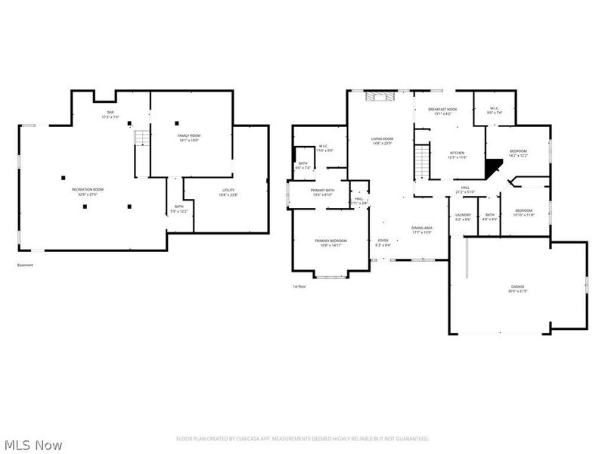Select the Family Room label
178,137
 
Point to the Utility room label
228,192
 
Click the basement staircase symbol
140,138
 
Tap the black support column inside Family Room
177,123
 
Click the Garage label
517,288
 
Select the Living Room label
382,141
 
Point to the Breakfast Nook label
442,111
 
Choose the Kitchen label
458,154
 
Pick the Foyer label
383,243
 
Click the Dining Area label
422,230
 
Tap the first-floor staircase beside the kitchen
422,161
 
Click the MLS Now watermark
33,445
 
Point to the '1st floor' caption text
299,287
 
